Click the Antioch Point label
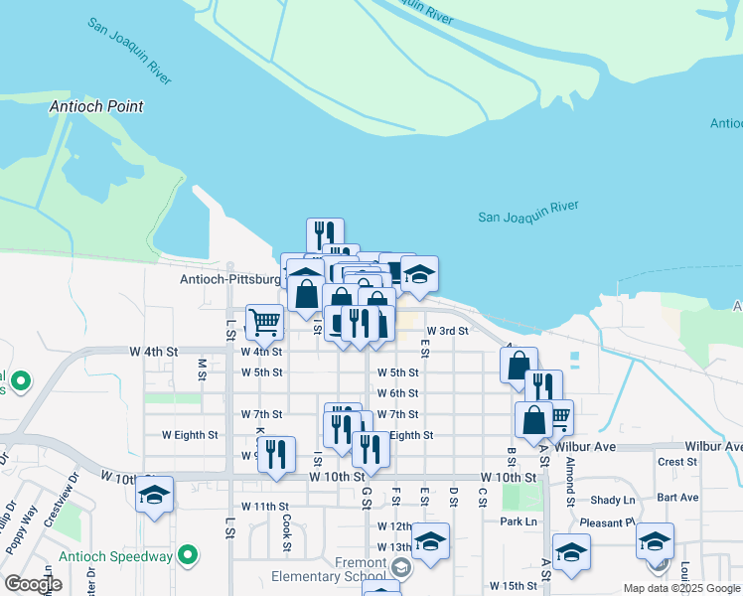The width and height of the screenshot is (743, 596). click(97, 106)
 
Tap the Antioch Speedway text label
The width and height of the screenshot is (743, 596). click(116, 556)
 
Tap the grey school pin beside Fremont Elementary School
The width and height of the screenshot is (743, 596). click(400, 568)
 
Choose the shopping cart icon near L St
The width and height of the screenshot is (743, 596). click(264, 321)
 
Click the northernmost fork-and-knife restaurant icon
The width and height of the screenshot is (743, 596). click(325, 235)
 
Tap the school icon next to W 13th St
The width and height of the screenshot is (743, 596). click(430, 541)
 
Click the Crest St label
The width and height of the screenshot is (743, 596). click(677, 462)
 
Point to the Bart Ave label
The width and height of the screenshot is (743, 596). click(677, 497)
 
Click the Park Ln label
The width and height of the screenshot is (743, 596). click(519, 521)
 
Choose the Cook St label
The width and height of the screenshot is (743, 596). click(286, 531)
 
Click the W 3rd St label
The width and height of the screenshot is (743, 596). click(447, 331)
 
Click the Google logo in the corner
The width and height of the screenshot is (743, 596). click(33, 584)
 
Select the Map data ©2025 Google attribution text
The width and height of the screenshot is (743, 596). click(680, 588)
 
